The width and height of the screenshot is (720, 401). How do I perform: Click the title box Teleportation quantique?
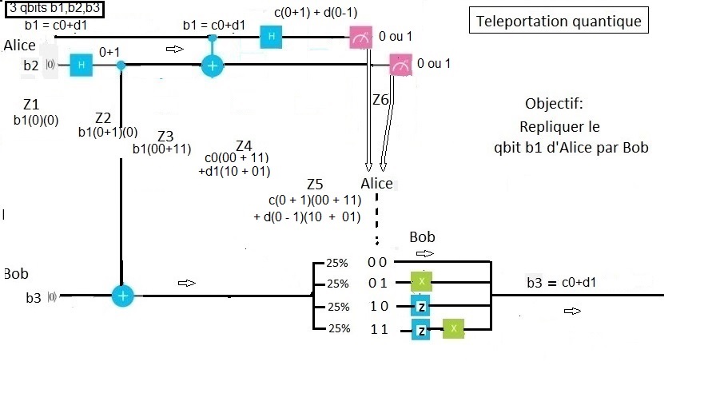pyautogui.click(x=559, y=22)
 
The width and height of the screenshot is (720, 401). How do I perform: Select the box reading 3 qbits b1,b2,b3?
pyautogui.click(x=55, y=10)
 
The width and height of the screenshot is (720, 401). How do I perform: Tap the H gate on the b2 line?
pyautogui.click(x=81, y=66)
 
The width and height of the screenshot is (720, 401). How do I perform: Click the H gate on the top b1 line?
pyautogui.click(x=271, y=37)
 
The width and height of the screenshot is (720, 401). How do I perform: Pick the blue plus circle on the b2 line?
pyautogui.click(x=212, y=66)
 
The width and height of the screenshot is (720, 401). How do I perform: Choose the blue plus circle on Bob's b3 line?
pyautogui.click(x=122, y=296)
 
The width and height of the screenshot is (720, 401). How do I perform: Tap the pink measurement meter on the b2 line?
pyautogui.click(x=400, y=66)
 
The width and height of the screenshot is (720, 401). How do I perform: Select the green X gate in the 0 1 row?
pyautogui.click(x=422, y=283)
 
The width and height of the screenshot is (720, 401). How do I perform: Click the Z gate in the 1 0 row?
pyautogui.click(x=421, y=306)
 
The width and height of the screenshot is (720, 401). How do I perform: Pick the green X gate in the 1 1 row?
pyautogui.click(x=453, y=329)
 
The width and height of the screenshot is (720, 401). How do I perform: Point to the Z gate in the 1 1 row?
pyautogui.click(x=421, y=329)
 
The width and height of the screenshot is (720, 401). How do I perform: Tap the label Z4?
pyautogui.click(x=244, y=145)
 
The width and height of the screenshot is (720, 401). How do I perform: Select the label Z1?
pyautogui.click(x=31, y=105)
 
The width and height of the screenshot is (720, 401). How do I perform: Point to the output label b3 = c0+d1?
pyautogui.click(x=561, y=283)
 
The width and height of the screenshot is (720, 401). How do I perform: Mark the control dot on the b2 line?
pyautogui.click(x=121, y=66)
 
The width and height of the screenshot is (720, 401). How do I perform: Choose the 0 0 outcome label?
pyautogui.click(x=377, y=261)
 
